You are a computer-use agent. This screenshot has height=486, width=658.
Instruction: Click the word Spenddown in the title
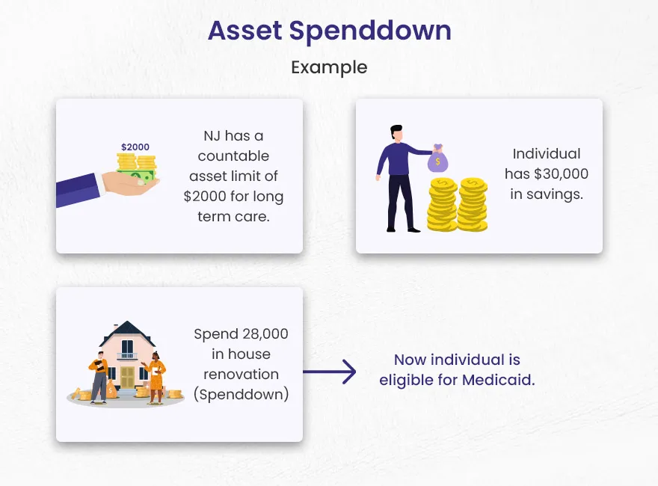370,32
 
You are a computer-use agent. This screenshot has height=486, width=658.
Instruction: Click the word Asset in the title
245,31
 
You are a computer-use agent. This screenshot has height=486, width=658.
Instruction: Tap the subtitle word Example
329,67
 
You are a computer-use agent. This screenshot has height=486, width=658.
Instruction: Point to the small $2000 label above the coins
135,147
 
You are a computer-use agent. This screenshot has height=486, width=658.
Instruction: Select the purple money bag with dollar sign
437,159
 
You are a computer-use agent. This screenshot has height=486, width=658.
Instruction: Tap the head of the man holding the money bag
396,133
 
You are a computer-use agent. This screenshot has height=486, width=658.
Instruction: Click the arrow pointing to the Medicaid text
330,372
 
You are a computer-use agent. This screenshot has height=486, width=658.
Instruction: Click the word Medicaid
499,380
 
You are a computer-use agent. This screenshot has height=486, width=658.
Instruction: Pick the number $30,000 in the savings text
561,173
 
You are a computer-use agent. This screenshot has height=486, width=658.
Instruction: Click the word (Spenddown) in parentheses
242,395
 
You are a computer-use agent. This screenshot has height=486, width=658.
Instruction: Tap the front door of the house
127,376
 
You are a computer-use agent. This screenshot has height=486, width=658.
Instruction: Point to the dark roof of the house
127,333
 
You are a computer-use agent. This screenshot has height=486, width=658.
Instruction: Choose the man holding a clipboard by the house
99,378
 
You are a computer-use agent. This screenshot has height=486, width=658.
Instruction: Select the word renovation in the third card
241,374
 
